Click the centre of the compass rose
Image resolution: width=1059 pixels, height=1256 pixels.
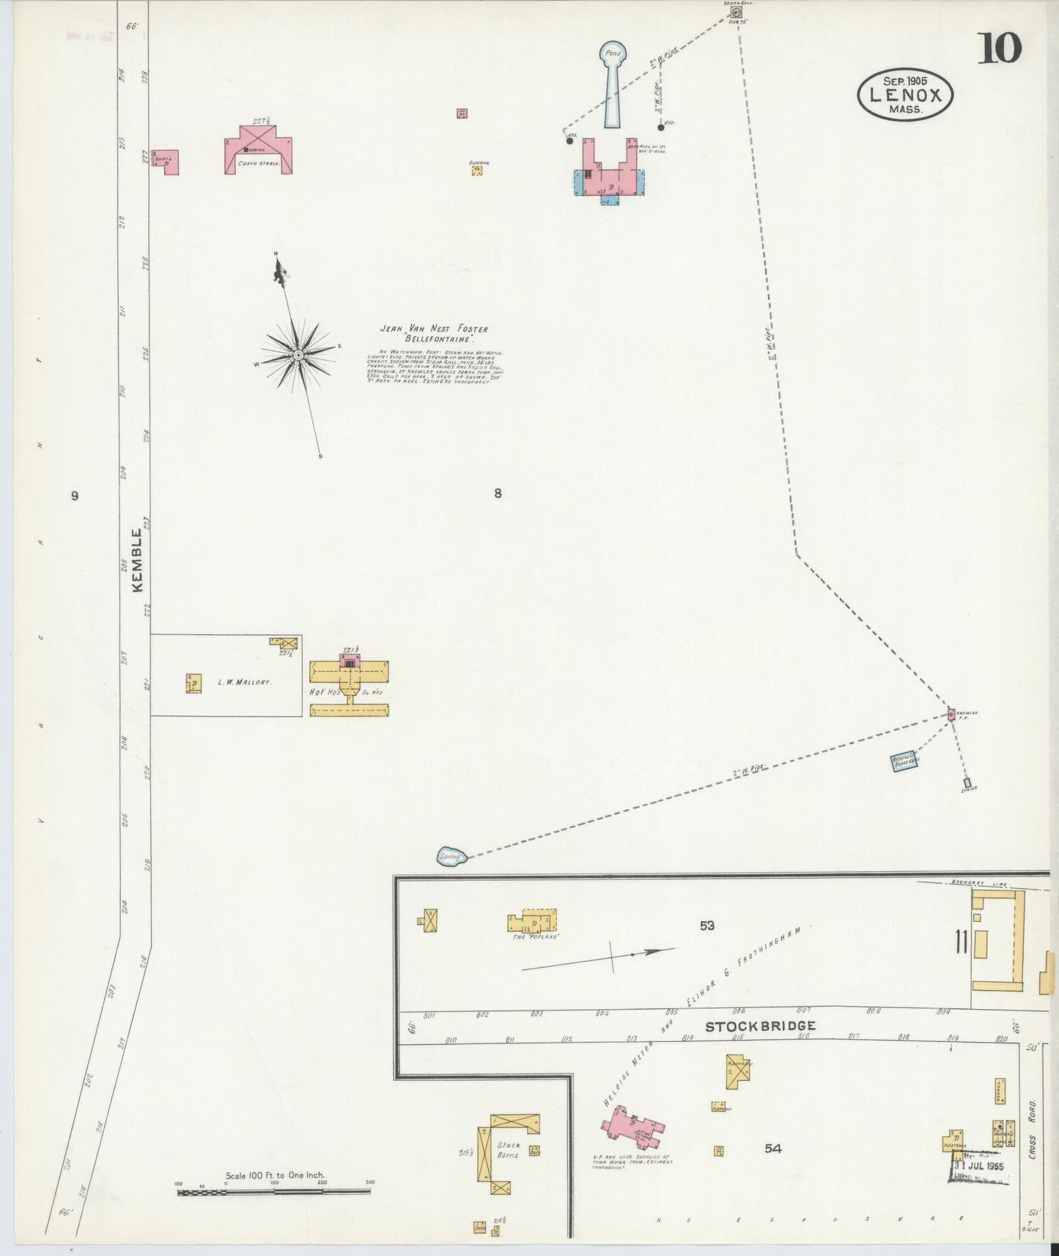pos(298,355)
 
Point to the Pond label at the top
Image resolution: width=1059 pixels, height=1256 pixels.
pos(613,53)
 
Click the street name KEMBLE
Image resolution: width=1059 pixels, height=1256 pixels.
pos(138,560)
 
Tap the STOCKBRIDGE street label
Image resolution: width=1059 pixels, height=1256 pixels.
pos(760,1027)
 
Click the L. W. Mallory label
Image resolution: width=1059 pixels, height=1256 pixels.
pos(245,681)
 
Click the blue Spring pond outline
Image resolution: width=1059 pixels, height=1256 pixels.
pos(451,856)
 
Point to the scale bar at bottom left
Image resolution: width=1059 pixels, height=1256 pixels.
pos(274,1192)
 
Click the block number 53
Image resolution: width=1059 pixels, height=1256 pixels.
pos(706,926)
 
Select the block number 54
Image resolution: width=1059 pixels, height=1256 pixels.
pos(773,1148)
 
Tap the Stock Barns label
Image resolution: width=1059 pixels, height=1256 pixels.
pos(508,1149)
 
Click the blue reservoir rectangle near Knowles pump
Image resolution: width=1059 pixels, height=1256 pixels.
pos(904,762)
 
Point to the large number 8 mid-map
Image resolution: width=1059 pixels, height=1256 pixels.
pos(498,493)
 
